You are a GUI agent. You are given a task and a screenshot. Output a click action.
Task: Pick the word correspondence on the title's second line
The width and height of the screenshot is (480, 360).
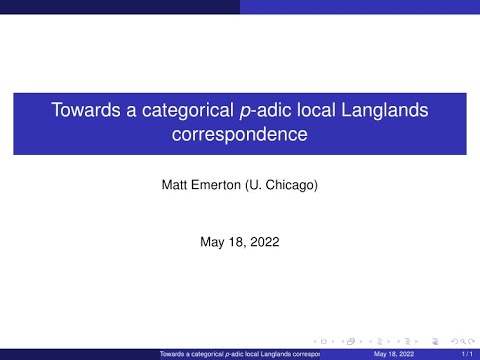pyautogui.click(x=239, y=133)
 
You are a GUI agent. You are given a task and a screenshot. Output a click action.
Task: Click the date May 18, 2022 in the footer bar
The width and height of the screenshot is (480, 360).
pyautogui.click(x=393, y=354)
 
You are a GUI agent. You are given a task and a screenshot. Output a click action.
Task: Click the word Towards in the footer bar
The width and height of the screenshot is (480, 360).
pyautogui.click(x=177, y=354)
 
